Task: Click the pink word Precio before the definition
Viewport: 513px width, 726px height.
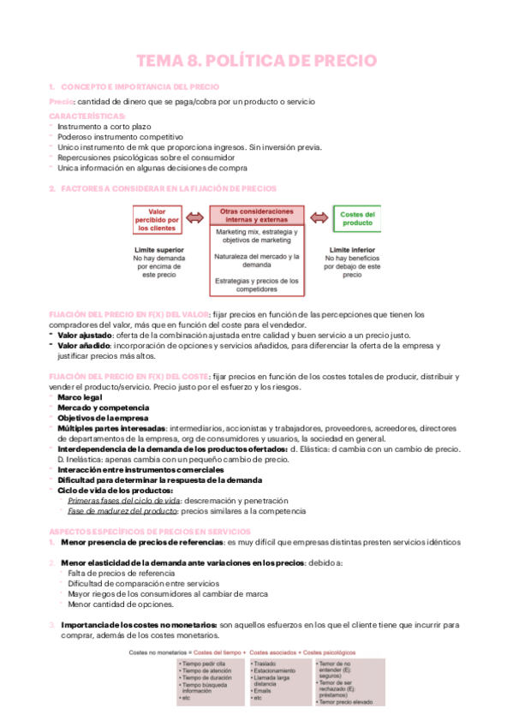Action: coord(61,101)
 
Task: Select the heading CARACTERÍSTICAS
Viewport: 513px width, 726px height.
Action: coord(86,115)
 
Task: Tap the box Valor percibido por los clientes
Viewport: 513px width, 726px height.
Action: coord(157,220)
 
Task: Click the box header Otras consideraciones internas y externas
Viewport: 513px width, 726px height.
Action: coord(256,215)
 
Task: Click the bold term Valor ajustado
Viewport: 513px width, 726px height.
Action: coord(86,336)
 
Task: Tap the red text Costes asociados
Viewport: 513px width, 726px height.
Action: coord(274,652)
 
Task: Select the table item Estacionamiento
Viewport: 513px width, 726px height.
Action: coord(277,671)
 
